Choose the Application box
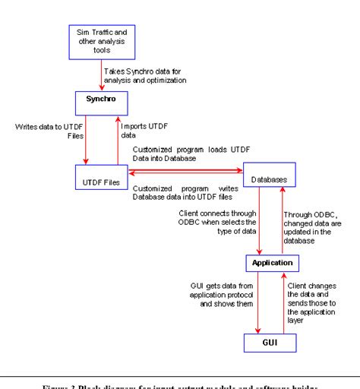269,264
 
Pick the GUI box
269,343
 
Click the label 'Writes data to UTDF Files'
46,131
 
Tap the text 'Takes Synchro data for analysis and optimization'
144,75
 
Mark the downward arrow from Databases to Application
261,221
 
